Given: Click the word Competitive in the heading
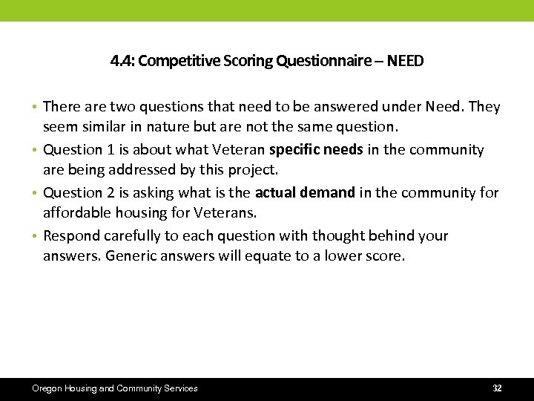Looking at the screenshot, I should (177, 61).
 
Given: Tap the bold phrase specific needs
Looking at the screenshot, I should (316, 150).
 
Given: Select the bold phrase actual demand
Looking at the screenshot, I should (305, 193).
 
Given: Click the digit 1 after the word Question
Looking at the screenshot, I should (111, 150).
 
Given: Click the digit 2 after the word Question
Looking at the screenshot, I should (111, 193).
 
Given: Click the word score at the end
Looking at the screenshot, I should (385, 257).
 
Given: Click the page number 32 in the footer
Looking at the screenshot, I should (497, 388).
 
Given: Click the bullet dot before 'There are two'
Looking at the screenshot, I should (36, 108).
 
